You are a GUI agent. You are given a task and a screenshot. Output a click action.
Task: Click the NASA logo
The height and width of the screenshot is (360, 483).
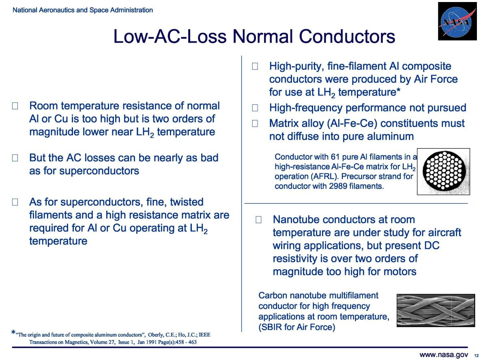pyautogui.click(x=457, y=21)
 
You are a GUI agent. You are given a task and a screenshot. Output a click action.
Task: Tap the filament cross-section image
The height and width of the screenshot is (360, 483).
pyautogui.click(x=444, y=171)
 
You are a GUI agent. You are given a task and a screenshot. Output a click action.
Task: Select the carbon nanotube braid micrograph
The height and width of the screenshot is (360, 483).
pyautogui.click(x=436, y=310)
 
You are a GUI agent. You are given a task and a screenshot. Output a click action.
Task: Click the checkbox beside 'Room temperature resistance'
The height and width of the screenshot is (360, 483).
pyautogui.click(x=15, y=106)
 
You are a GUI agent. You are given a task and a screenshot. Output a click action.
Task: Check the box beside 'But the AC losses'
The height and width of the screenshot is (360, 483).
pyautogui.click(x=15, y=158)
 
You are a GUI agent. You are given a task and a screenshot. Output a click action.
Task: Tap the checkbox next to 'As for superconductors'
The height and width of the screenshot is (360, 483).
pyautogui.click(x=15, y=202)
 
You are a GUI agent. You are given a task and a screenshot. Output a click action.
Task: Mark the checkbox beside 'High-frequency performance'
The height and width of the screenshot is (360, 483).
pyautogui.click(x=255, y=108)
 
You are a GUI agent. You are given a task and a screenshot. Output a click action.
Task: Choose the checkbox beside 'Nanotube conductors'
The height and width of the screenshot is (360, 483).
pyautogui.click(x=259, y=220)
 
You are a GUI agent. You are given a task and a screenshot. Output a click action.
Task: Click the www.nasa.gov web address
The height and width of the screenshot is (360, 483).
pyautogui.click(x=444, y=355)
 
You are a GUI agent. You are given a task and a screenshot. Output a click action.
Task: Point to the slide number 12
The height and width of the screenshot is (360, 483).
pyautogui.click(x=476, y=356)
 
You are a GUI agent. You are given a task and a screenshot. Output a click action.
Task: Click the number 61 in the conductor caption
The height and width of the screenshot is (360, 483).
pyautogui.click(x=335, y=157)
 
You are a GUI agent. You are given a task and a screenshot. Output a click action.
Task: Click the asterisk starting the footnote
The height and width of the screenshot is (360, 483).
pyautogui.click(x=13, y=333)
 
